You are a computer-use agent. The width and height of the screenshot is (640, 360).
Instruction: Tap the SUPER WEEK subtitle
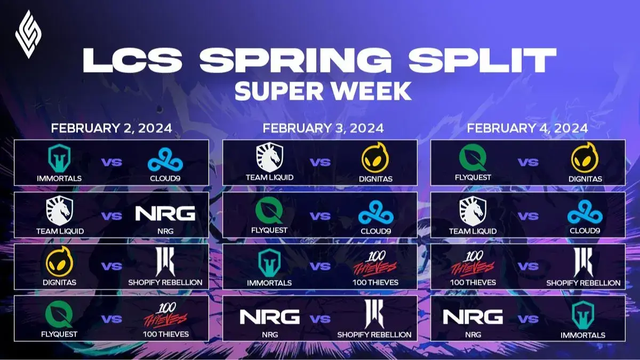pos(323,91)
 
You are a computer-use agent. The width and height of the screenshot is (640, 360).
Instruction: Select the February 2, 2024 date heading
pos(111,129)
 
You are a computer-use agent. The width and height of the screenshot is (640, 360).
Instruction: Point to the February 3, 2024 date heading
pos(323,129)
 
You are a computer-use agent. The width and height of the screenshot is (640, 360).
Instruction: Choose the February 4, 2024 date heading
pos(527,129)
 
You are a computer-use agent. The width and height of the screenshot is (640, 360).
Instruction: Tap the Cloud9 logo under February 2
pos(165,159)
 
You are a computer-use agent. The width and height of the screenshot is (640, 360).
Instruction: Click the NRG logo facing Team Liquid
pos(165,214)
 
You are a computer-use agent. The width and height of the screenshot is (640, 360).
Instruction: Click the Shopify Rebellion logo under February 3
pos(374,314)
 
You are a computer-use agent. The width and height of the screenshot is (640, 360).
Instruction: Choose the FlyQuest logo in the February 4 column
pos(473,159)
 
